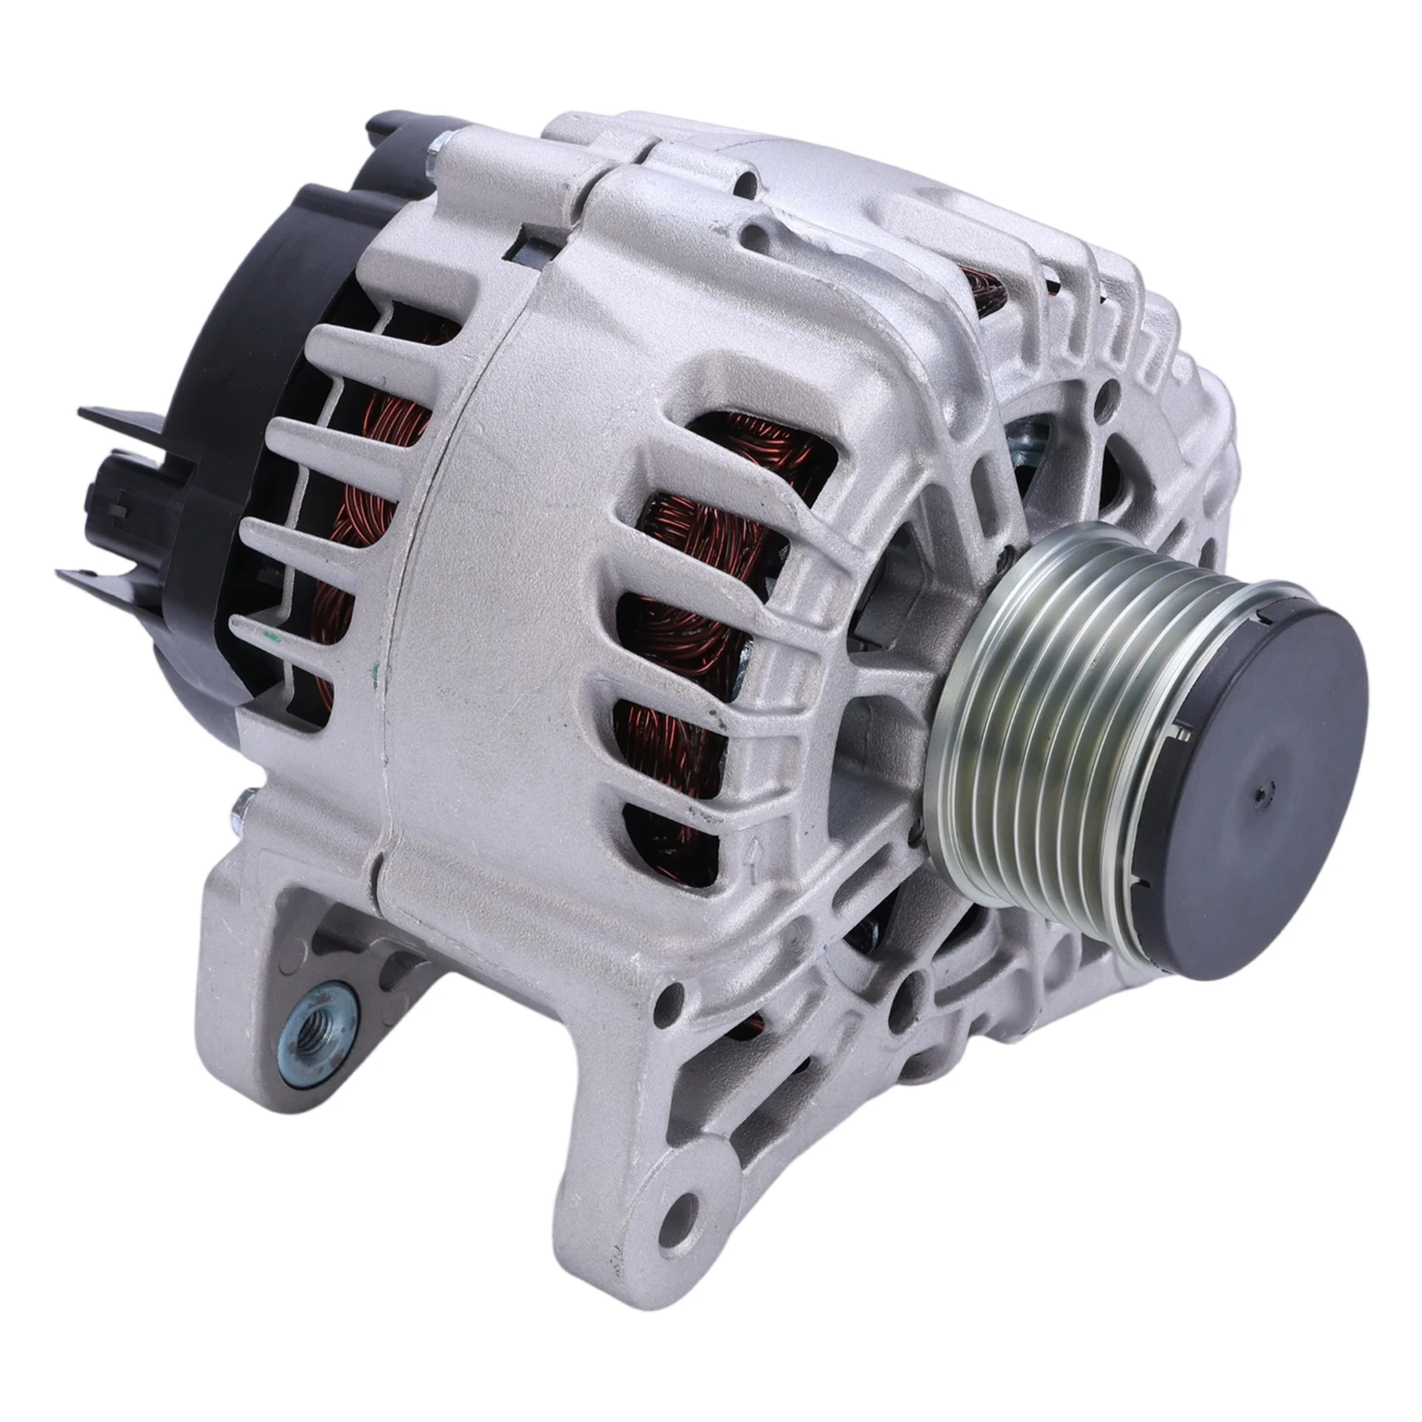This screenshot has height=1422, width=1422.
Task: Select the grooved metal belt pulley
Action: (1040, 702)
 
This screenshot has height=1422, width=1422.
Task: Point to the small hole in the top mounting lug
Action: (755, 235)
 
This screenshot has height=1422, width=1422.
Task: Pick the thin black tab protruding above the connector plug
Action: (116, 412)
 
